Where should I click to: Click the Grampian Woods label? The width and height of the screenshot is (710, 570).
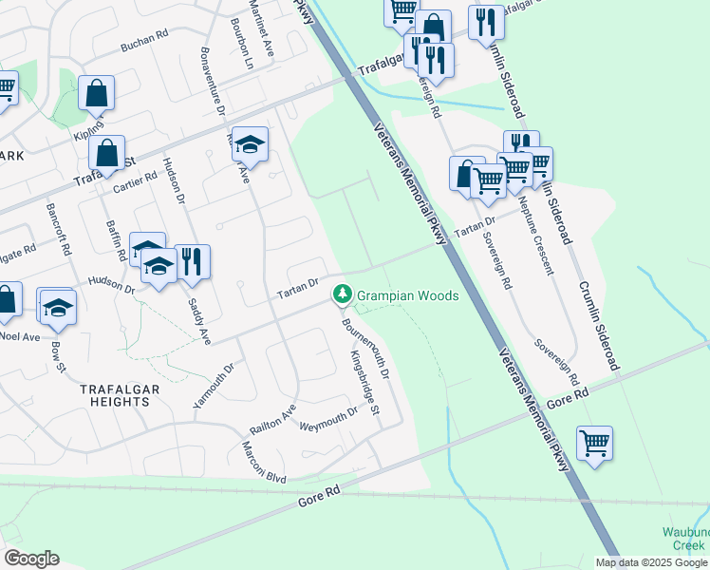coord(407,295)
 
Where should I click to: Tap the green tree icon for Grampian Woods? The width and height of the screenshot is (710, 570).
coord(342,295)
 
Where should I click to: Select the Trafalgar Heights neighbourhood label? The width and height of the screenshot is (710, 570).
coord(127,395)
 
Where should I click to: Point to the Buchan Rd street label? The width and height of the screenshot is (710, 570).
coord(144,38)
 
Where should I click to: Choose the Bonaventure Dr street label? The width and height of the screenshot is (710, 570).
coord(211,82)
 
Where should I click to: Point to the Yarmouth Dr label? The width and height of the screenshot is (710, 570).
coord(214,385)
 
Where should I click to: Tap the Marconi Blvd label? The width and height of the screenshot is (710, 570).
coord(263,463)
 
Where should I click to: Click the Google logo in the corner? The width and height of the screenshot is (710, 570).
coord(31,558)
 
